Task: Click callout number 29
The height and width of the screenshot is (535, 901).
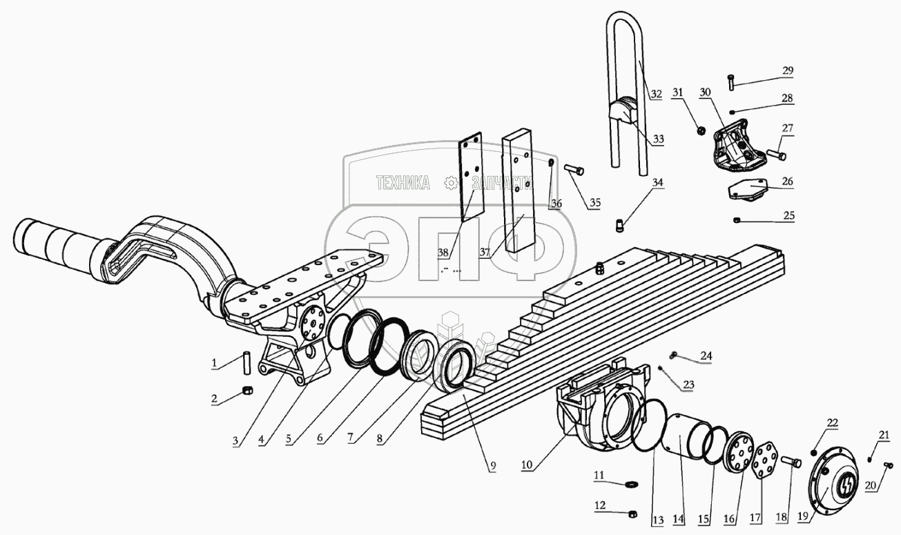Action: [x=787, y=71]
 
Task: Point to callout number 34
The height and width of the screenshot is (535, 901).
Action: [x=657, y=182]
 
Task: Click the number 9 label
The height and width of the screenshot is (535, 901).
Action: [x=492, y=466]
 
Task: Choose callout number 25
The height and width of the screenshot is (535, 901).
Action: [x=787, y=215]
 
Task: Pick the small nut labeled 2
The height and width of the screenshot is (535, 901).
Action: [x=246, y=393]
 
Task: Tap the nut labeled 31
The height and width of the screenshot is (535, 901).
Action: [x=699, y=129]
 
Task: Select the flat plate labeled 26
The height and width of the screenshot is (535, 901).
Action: [x=746, y=188]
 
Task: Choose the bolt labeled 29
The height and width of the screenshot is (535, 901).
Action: [x=731, y=83]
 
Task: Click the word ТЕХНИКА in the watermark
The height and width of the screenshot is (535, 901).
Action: [x=403, y=183]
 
